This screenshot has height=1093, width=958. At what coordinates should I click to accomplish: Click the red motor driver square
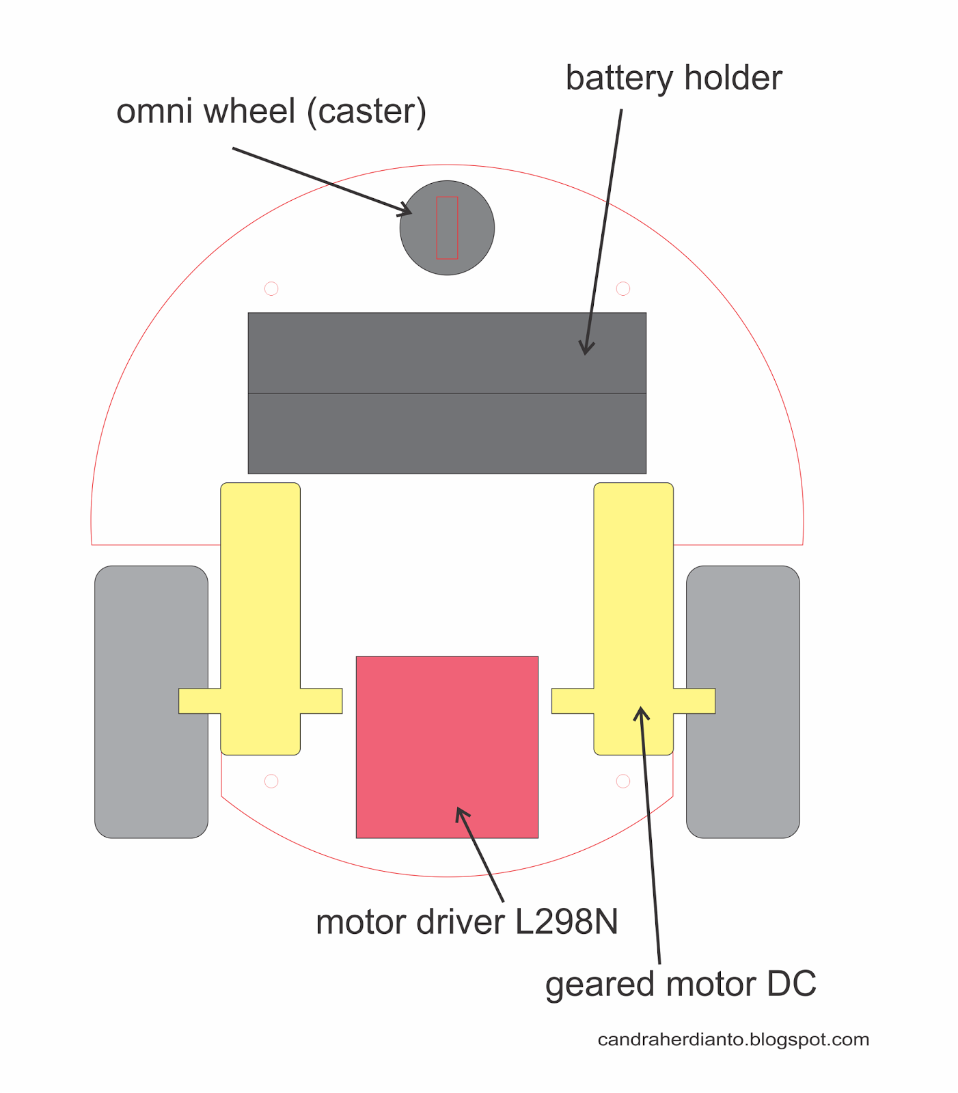[x=447, y=747]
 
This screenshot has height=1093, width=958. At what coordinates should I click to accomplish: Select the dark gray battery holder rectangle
[x=447, y=393]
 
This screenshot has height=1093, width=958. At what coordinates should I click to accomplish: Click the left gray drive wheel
[x=151, y=702]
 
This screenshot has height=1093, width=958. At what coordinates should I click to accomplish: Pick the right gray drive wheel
[x=743, y=702]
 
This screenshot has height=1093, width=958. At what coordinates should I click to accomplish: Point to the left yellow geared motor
[x=260, y=618]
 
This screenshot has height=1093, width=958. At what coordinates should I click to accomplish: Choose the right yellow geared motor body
[x=633, y=618]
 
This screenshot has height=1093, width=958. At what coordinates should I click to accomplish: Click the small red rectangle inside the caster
[x=447, y=227]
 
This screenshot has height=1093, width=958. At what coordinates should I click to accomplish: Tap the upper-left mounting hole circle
[x=271, y=288]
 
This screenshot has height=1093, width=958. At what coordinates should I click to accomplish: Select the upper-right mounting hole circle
[x=622, y=288]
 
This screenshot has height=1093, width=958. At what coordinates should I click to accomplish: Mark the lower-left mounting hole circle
[x=271, y=781]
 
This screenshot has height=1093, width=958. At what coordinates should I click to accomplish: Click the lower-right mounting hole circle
[x=622, y=781]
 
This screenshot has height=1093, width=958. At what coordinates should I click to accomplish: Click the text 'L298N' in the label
[x=566, y=922]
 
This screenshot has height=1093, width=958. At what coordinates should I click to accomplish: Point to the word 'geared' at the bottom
[x=599, y=985]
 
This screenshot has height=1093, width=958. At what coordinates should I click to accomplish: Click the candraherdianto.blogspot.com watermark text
[x=733, y=1040]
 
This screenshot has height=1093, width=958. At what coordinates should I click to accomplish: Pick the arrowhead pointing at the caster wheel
[x=406, y=211]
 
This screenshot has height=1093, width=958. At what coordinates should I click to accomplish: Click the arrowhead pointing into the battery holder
[x=586, y=348]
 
